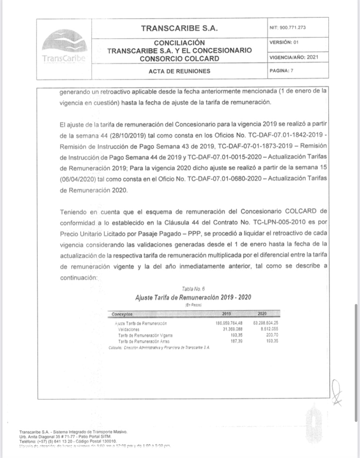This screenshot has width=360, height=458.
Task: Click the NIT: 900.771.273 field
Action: click(x=287, y=27)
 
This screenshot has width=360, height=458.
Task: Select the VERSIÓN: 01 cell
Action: click(x=284, y=42)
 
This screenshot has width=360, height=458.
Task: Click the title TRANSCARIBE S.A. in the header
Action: click(x=179, y=29)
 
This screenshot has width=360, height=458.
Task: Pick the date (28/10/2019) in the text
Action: click(x=120, y=134)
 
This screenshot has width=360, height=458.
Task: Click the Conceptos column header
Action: click(x=122, y=314)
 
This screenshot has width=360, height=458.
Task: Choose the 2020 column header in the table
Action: click(x=262, y=314)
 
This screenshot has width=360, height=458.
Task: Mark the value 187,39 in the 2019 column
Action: click(x=235, y=341)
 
